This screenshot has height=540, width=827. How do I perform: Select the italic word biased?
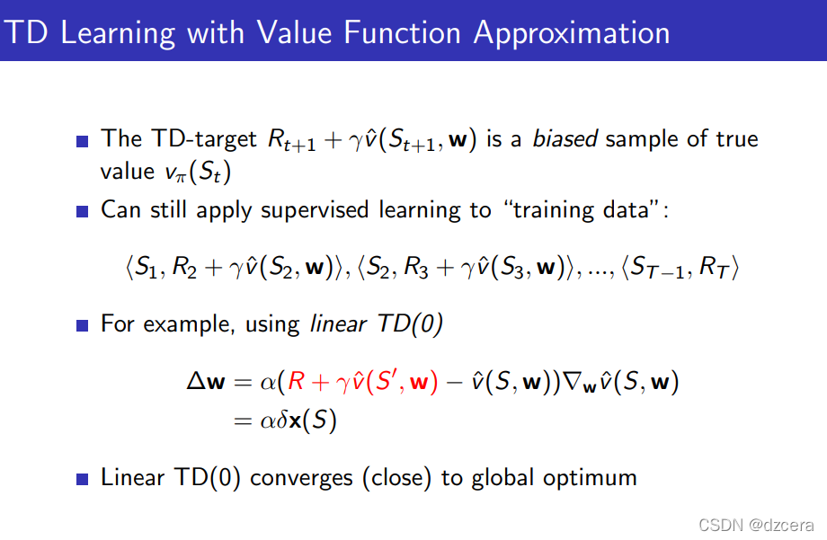(565, 138)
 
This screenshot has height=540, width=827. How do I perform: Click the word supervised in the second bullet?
(315, 210)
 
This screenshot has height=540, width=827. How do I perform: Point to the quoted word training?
(554, 210)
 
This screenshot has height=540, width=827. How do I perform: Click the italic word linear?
(338, 323)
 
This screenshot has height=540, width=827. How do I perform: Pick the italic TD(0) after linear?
(410, 323)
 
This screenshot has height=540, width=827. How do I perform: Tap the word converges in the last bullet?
(301, 478)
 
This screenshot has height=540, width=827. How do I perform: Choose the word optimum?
(591, 478)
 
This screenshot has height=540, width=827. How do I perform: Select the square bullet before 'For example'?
(83, 325)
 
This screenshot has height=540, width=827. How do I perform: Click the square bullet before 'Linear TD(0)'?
(83, 479)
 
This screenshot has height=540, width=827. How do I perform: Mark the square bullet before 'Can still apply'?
(83, 211)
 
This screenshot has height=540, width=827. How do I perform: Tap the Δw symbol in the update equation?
(206, 381)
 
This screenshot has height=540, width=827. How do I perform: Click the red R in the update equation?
(297, 381)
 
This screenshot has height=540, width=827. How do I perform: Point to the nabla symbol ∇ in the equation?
(573, 381)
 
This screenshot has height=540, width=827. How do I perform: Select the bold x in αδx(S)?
(296, 421)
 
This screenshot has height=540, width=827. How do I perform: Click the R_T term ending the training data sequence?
(714, 268)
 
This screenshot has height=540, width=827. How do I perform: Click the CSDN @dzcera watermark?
(756, 525)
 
